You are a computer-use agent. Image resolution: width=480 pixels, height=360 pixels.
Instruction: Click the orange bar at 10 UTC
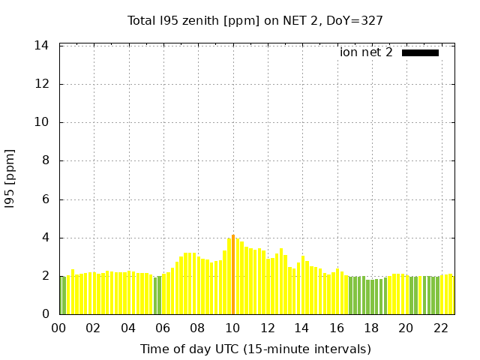point(233,274)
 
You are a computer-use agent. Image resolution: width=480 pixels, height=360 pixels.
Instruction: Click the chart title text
point(255,21)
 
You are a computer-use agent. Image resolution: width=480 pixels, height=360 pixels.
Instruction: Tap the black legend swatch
point(420,52)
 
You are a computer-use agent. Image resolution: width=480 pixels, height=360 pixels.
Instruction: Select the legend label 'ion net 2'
point(366,52)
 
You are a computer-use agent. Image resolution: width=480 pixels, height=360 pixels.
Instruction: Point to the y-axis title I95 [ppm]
point(10,179)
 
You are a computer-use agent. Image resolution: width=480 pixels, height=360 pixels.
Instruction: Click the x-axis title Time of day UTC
point(255,349)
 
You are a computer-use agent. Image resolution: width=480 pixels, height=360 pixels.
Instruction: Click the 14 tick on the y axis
point(42,46)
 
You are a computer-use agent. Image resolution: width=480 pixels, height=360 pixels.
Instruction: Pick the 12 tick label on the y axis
point(42,84)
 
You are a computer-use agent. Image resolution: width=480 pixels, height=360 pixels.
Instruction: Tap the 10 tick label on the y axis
point(42,122)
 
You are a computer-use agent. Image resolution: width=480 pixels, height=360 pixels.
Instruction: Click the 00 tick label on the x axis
point(59,328)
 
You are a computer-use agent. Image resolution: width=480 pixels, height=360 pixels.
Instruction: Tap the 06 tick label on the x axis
point(163,328)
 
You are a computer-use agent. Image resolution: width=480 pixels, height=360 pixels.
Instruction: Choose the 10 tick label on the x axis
point(233,328)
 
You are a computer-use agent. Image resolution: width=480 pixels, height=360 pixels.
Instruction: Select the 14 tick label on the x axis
point(302,328)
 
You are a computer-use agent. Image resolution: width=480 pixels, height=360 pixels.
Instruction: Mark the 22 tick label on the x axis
point(441,328)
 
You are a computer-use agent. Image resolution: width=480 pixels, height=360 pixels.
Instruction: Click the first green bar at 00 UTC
point(61,295)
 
